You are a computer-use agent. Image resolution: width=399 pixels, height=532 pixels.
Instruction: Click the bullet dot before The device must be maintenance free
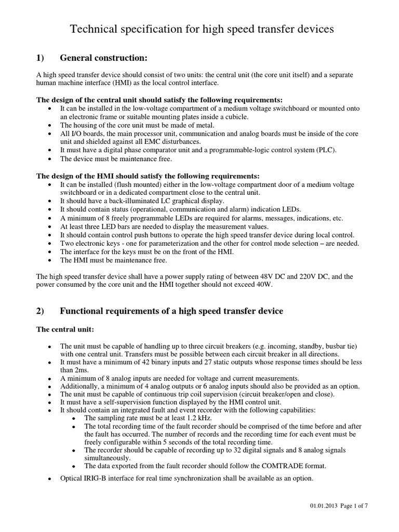pos(49,159)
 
